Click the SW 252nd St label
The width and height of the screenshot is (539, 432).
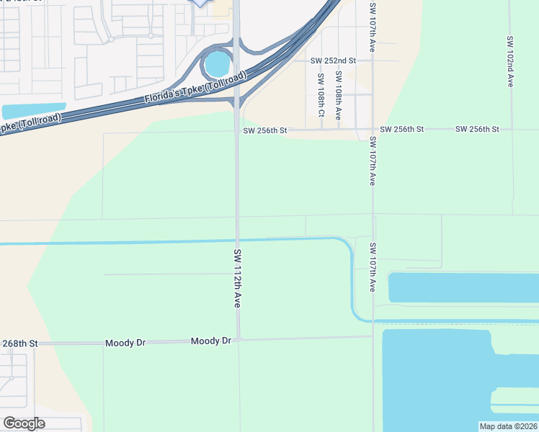click(333, 61)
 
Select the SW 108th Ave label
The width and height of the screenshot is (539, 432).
click(339, 94)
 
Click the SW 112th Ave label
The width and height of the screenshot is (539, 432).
click(237, 279)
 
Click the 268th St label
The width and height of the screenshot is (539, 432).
click(19, 344)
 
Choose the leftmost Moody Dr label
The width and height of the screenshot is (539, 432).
click(125, 343)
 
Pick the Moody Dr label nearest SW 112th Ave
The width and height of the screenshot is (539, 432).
click(211, 340)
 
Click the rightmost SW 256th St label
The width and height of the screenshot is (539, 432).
click(477, 129)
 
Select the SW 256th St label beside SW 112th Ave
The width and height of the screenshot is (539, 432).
click(265, 130)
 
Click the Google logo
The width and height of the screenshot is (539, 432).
click(24, 423)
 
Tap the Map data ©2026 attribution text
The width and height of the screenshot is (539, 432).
click(508, 426)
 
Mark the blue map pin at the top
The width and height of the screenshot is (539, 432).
click(200, 2)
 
